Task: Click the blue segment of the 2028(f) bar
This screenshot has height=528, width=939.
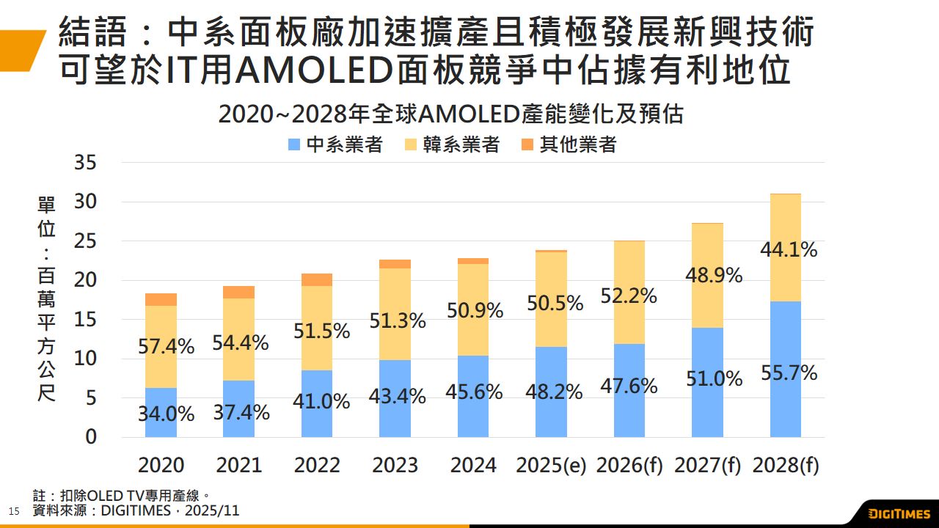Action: coord(786,337)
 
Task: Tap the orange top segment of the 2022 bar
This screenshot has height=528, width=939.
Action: coord(317,279)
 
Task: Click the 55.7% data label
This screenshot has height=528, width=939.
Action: coord(789,373)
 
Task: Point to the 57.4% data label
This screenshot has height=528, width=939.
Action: coord(167,347)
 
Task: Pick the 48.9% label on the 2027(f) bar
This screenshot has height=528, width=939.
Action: coord(714,276)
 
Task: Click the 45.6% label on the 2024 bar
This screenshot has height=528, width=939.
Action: coord(474,392)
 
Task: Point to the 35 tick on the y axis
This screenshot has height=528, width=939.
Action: coord(86,163)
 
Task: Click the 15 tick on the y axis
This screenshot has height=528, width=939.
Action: coord(86,320)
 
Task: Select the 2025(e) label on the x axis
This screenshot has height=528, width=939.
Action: coord(551,465)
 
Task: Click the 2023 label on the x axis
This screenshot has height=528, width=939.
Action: coord(395,465)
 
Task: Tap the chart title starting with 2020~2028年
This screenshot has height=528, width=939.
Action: coord(451,115)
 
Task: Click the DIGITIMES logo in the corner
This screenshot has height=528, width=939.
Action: coord(899,513)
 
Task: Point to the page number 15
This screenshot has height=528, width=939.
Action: coord(12,510)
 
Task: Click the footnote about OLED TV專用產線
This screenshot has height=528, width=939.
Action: coord(123,496)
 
